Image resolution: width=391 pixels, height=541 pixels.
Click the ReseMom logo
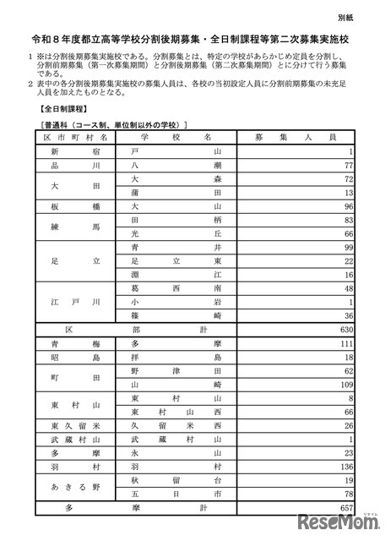(337, 518)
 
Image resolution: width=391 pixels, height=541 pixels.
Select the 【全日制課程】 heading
(60, 111)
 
